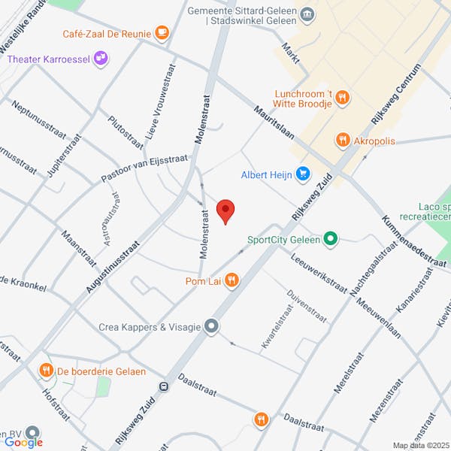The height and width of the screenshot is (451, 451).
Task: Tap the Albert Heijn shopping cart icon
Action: (303, 174)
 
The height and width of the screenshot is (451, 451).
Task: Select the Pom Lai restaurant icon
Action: (232, 281)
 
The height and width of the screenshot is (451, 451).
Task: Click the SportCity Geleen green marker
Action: (330, 241)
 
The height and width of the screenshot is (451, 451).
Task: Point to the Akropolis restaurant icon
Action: (343, 140)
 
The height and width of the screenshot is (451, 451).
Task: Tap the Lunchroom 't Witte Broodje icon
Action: (342, 96)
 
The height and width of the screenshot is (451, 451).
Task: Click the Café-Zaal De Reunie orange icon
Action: (161, 32)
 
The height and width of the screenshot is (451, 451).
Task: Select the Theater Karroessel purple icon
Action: (101, 59)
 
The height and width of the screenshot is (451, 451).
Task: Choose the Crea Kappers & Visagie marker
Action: (212, 326)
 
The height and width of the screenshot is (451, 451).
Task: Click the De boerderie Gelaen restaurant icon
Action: (47, 370)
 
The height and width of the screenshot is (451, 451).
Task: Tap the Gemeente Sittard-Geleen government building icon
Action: (307, 14)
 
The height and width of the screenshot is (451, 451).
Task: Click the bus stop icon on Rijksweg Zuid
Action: (162, 386)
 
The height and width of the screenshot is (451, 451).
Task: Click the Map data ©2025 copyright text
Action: (419, 445)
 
